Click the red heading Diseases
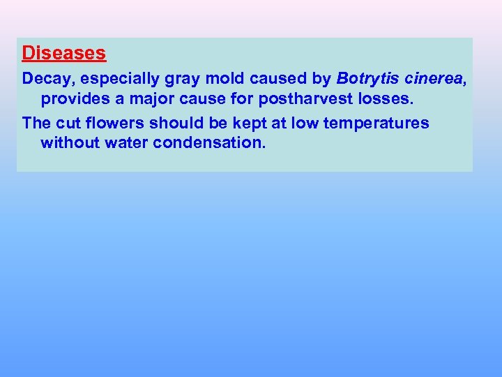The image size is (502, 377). pos(63,53)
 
